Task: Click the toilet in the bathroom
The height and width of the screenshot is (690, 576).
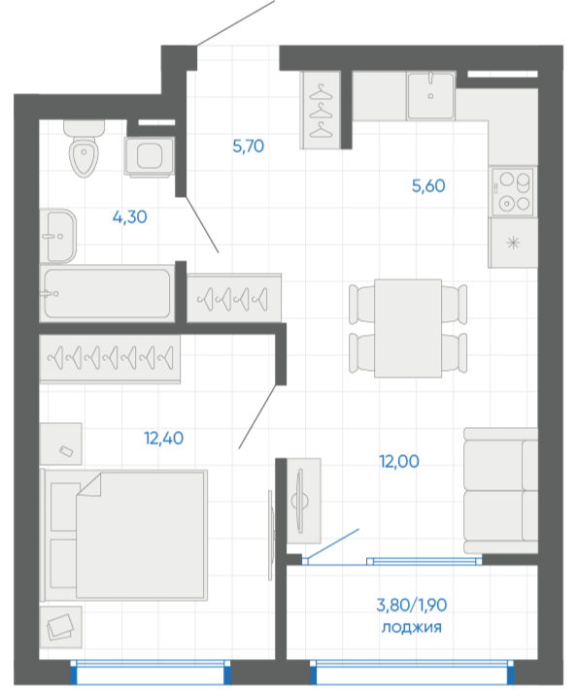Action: click(x=84, y=148)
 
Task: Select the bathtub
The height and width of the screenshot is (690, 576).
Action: click(x=107, y=293)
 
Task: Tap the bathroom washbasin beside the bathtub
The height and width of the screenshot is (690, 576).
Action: click(x=57, y=236)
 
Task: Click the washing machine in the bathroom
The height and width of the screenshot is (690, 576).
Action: click(x=150, y=156)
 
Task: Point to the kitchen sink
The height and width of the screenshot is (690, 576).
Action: click(x=430, y=96)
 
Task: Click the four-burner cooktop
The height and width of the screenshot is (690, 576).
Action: click(x=513, y=191)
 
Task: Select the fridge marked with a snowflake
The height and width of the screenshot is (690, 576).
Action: click(x=513, y=243)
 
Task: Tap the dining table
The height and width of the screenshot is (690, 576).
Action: click(x=408, y=328)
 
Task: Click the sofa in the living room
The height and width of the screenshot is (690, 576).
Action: click(x=500, y=490)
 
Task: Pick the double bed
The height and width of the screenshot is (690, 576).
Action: click(x=123, y=535)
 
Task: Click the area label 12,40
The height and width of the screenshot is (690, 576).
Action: click(x=163, y=439)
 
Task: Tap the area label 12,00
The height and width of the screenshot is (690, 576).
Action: click(x=399, y=461)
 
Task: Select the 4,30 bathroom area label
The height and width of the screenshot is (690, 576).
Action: click(x=129, y=217)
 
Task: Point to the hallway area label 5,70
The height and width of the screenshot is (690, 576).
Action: click(x=249, y=146)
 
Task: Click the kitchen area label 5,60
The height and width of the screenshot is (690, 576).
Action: click(x=428, y=185)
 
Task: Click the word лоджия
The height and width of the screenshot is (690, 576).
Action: click(x=411, y=627)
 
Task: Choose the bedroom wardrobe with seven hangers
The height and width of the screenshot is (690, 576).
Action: click(x=110, y=359)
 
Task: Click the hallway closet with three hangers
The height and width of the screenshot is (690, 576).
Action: click(x=321, y=110)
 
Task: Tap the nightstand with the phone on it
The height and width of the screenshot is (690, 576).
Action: click(x=61, y=444)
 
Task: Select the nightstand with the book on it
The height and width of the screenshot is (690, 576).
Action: click(x=61, y=627)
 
